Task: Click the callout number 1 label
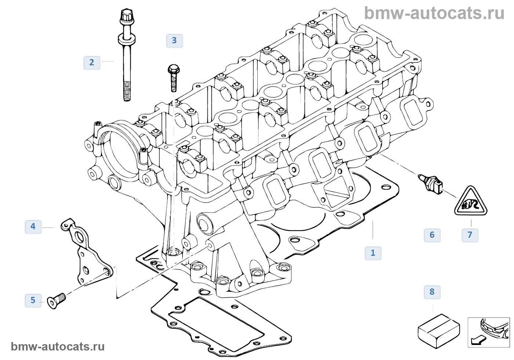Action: coord(373,253)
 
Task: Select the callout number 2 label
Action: coord(92,63)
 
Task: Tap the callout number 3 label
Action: coord(174,41)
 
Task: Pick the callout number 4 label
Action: coord(33,226)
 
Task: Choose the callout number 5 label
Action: coord(33,300)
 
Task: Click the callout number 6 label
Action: coord(432,235)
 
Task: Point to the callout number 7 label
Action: coord(470,235)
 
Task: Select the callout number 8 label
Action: coord(432,292)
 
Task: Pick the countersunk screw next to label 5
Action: coord(57,301)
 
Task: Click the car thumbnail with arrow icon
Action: coord(489,332)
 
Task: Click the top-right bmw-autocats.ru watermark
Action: coord(434,13)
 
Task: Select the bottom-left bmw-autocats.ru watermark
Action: coord(58,346)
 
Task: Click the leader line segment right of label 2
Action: coord(108,61)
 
